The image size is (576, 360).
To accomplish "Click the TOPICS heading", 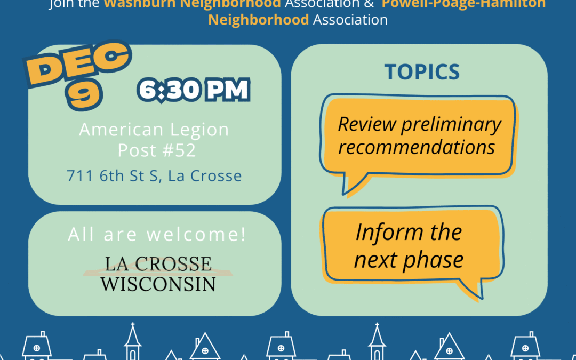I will pyautogui.click(x=422, y=72).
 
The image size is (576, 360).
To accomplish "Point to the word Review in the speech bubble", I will pyautogui.click(x=367, y=124).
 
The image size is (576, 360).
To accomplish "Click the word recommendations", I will pyautogui.click(x=417, y=147).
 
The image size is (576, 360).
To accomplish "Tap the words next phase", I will pyautogui.click(x=409, y=260).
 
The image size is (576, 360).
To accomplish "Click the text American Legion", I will pyautogui.click(x=154, y=130).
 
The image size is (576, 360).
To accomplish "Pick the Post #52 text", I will pyautogui.click(x=157, y=150).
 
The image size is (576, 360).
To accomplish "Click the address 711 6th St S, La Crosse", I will pyautogui.click(x=154, y=175).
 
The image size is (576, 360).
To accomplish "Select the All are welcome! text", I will pyautogui.click(x=157, y=235).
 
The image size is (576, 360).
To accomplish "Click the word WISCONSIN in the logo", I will pyautogui.click(x=158, y=283).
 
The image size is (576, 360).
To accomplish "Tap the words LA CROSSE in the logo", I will pyautogui.click(x=158, y=263).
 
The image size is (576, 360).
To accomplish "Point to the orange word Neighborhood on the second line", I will pyautogui.click(x=258, y=20).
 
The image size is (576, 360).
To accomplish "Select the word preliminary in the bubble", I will pyautogui.click(x=451, y=124).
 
